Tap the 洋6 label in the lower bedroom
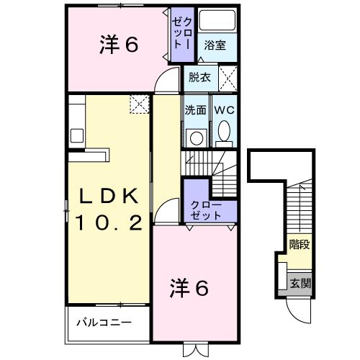pos(189,288)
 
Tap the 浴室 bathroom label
pos(215,45)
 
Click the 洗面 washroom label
pos(195,111)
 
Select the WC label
pos(222,111)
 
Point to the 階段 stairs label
pos(300,244)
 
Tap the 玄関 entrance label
pos(301,283)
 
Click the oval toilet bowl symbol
pos(224,132)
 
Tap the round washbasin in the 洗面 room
pos(195,137)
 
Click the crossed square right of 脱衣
pos(228,76)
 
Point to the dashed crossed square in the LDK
pos(138,105)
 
